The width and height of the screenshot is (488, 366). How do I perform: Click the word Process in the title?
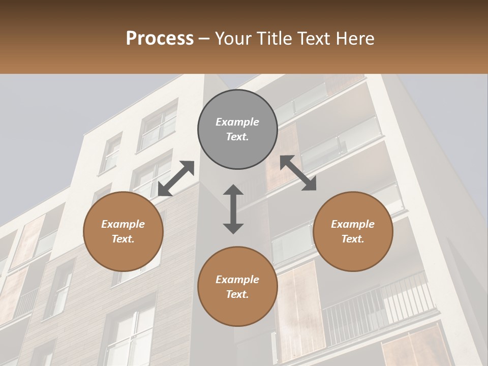(160, 39)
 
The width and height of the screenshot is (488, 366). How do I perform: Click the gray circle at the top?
(237, 130)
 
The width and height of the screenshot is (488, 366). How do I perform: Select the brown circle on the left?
(123, 231)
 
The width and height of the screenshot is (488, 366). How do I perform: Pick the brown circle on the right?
(353, 231)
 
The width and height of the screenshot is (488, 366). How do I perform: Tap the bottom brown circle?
(237, 287)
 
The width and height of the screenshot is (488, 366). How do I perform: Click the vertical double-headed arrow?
(233, 209)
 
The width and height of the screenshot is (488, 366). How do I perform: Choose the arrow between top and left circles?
(176, 178)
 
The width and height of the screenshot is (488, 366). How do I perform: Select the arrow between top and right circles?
(298, 173)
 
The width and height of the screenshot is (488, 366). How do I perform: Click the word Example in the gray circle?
(237, 122)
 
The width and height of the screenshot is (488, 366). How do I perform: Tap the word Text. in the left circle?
(123, 239)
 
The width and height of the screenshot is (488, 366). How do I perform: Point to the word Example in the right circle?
(353, 224)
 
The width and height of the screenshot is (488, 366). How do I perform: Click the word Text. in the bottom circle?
(237, 294)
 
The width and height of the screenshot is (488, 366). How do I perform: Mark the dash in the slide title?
(204, 39)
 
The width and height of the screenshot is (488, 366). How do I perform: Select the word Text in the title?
(314, 39)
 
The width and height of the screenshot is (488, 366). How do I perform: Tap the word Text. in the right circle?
(353, 239)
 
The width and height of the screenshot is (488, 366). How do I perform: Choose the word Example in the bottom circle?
(237, 280)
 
